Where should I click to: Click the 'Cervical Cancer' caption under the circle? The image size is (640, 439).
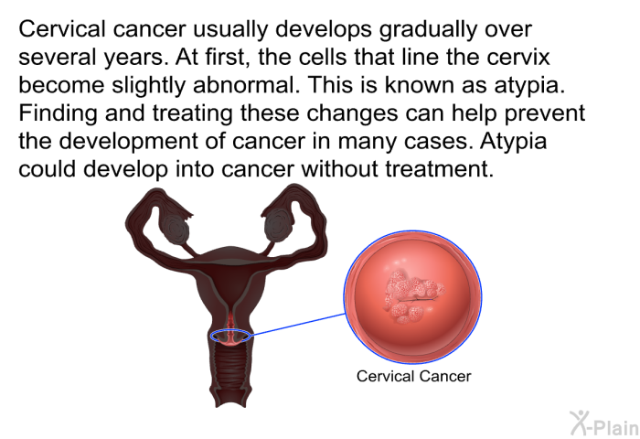(413, 376)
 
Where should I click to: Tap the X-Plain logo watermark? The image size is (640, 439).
(604, 423)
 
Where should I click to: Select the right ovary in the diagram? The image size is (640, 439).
(278, 226)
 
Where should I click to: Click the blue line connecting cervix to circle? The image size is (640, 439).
(298, 325)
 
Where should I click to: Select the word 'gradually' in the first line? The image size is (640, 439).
(428, 29)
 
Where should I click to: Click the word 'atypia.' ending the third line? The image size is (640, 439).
(529, 86)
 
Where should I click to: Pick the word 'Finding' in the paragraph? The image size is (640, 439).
(58, 113)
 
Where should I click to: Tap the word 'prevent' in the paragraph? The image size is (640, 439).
(545, 114)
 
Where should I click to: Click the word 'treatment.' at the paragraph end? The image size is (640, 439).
(440, 168)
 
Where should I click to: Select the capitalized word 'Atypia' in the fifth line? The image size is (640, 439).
(513, 142)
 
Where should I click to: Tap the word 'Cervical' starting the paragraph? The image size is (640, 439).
(61, 29)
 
